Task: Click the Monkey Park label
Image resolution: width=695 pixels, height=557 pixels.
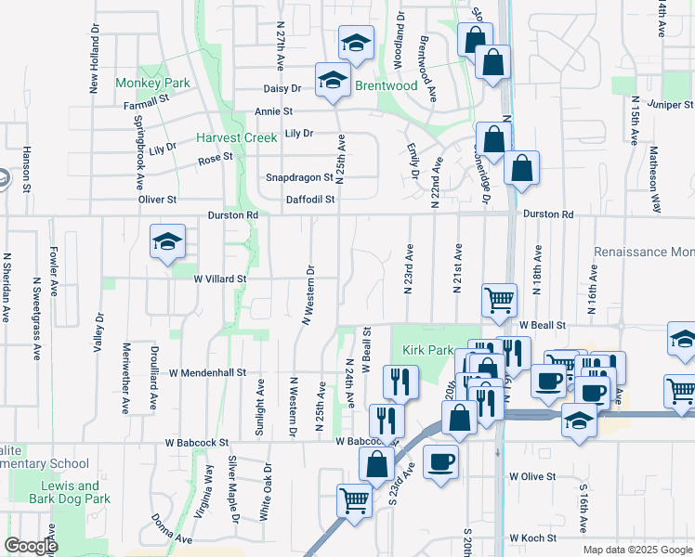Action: point(152,83)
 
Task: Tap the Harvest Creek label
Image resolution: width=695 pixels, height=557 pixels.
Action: point(236,137)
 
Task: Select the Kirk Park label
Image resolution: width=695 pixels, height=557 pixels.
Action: point(427,350)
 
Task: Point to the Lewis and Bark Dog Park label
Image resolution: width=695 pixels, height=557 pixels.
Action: point(70,492)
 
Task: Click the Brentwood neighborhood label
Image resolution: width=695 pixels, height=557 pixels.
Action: point(387,85)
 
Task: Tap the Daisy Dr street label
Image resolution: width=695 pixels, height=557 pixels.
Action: point(283,88)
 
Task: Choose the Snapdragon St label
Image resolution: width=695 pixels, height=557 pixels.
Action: point(299,176)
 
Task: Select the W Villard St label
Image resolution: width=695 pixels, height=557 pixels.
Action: point(219,278)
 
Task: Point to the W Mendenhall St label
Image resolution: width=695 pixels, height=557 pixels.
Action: point(207,372)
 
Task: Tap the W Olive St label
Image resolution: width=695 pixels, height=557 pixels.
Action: point(531,476)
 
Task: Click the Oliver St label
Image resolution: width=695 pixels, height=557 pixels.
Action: point(157,200)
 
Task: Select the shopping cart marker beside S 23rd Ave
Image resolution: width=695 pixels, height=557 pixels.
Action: point(355,500)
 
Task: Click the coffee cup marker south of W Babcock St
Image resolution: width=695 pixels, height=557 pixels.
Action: point(440,461)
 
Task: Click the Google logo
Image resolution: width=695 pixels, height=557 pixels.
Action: point(32,546)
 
